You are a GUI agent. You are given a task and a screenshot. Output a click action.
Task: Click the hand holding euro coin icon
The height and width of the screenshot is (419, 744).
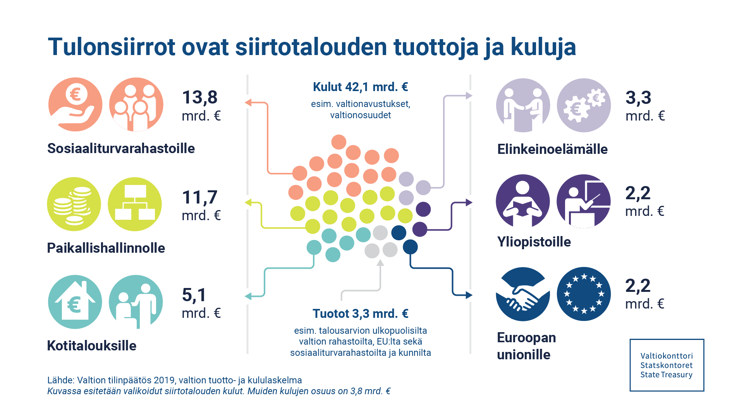pos(75,105)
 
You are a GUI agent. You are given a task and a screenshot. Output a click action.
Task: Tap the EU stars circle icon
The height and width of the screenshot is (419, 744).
pos(584,294)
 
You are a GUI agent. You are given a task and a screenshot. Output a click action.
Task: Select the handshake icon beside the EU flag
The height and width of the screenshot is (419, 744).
pos(523,294)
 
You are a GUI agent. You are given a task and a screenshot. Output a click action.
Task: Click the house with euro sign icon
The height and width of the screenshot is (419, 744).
pos(75,302)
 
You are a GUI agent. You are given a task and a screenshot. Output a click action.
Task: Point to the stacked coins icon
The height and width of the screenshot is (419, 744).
pos(74,204)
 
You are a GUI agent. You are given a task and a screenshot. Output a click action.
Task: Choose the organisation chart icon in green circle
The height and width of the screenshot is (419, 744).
pos(135,204)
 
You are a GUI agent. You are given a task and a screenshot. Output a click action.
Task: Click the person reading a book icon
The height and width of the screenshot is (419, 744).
pos(523,201)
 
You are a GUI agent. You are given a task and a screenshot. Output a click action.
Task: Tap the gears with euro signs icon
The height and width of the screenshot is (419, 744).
pos(584,105)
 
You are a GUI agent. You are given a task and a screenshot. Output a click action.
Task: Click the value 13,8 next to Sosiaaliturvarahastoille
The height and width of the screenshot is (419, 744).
pos(200,97)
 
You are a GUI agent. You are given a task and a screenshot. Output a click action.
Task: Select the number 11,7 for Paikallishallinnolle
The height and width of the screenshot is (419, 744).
pos(200,197)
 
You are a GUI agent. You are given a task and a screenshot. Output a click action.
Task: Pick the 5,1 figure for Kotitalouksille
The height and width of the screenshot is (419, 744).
pos(194,295)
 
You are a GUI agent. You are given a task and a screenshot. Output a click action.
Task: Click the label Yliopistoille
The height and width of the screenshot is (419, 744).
pos(534,242)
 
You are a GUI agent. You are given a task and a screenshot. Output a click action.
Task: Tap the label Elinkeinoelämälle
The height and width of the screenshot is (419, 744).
pos(552,149)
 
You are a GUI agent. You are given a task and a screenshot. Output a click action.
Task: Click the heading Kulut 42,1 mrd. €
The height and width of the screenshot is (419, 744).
pos(360,87)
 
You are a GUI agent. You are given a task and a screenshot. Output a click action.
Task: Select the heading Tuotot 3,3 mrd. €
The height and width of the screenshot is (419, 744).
pos(360,314)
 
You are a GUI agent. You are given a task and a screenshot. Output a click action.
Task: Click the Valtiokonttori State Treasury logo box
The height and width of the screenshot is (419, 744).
pos(667,365)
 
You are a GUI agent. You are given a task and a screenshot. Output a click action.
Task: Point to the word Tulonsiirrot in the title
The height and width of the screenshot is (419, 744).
pos(112,47)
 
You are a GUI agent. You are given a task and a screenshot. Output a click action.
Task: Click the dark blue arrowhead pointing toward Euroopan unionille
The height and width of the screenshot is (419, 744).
pos(469,295)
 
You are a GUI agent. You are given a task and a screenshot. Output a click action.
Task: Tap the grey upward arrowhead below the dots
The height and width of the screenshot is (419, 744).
pos(380,263)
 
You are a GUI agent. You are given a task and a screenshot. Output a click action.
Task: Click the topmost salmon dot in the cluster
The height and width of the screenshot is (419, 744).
pos(339,142)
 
